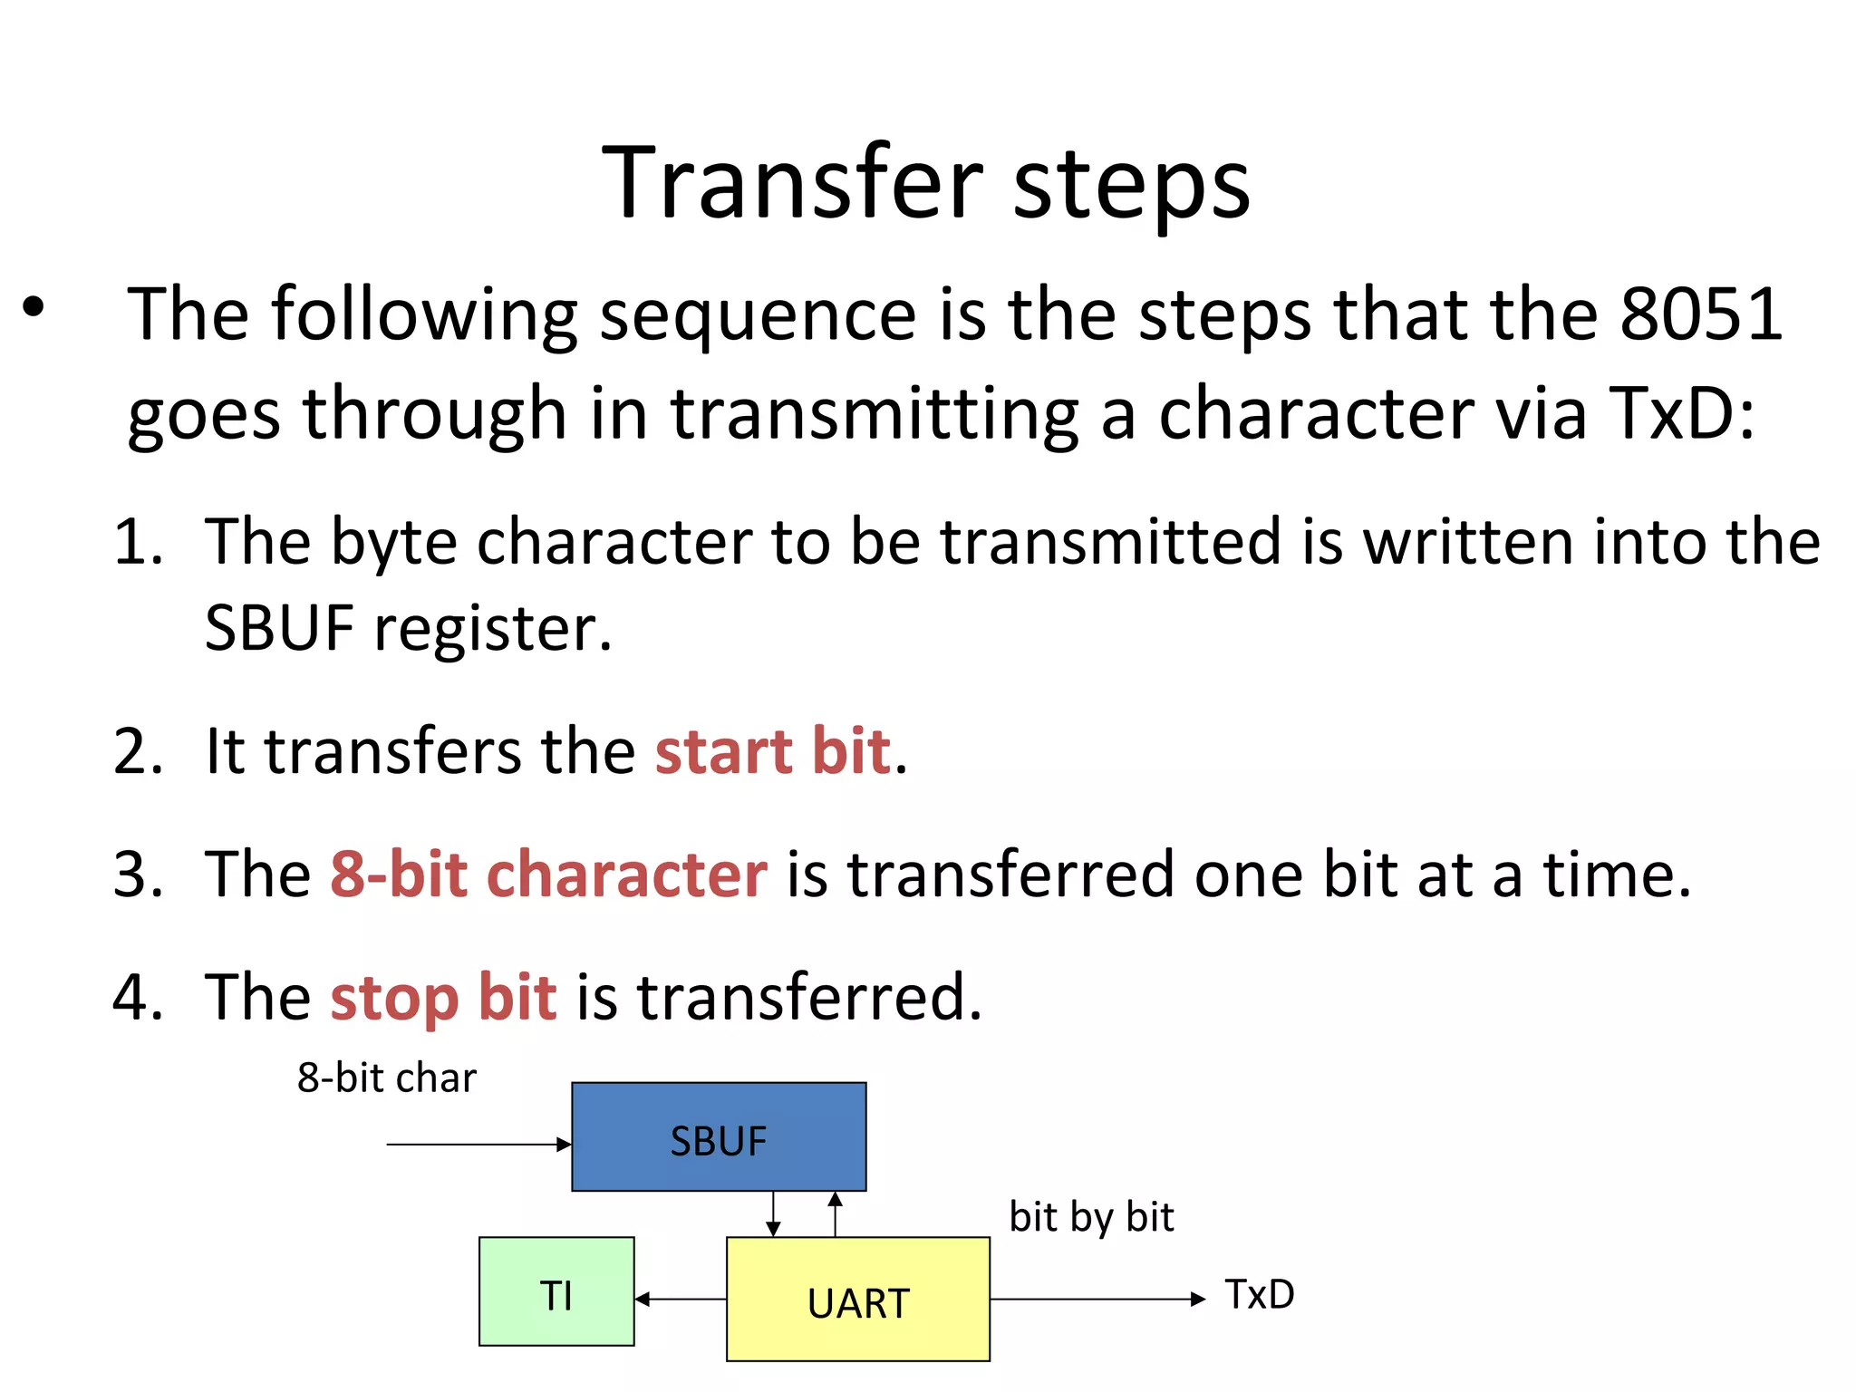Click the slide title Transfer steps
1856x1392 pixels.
[x=926, y=183]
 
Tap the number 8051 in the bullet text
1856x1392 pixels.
[x=1701, y=314]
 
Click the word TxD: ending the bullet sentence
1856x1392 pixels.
[x=1681, y=413]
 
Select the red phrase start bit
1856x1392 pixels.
[x=773, y=751]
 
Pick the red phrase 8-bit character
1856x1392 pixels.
[x=548, y=875]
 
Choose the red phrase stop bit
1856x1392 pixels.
[x=443, y=998]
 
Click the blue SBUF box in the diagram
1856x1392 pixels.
[x=719, y=1137]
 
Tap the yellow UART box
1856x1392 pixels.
[x=857, y=1300]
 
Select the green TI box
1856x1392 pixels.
[x=556, y=1292]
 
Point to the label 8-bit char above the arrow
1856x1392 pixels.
[x=387, y=1078]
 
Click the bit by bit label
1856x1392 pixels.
[x=1091, y=1217]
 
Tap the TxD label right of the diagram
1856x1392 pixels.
[x=1260, y=1295]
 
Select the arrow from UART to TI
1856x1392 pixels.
[x=680, y=1300]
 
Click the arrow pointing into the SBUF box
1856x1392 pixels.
[x=478, y=1145]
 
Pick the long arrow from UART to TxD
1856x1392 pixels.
[x=1097, y=1300]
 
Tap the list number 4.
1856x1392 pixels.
[x=138, y=998]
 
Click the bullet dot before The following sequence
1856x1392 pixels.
[x=34, y=307]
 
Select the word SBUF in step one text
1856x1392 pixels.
[x=279, y=628]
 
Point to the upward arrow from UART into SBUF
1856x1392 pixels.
[x=836, y=1214]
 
